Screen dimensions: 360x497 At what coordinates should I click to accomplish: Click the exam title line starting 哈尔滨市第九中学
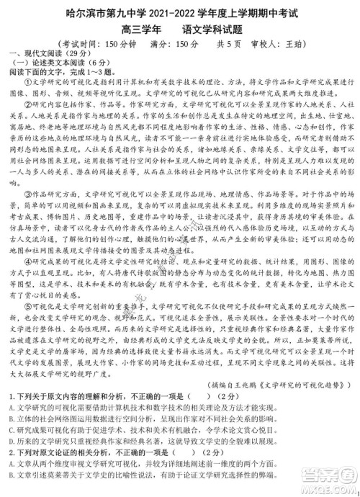tap(179, 10)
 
